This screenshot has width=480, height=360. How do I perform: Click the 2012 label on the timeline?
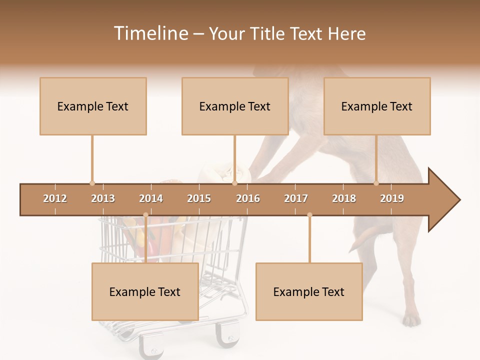click(x=55, y=198)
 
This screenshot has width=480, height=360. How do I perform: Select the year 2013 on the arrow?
click(x=103, y=198)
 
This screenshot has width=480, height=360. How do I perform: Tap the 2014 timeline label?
click(x=151, y=198)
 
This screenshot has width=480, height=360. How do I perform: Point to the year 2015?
click(x=199, y=198)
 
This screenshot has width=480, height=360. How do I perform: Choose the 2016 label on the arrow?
click(x=248, y=198)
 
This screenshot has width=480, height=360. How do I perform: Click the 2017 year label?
click(x=296, y=198)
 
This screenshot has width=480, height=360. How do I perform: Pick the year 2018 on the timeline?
click(x=344, y=198)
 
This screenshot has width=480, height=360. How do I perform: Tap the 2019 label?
click(x=392, y=198)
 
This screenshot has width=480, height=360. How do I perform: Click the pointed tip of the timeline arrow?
click(x=458, y=200)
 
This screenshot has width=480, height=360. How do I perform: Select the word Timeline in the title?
click(x=150, y=33)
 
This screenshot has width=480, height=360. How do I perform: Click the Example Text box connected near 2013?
click(x=93, y=106)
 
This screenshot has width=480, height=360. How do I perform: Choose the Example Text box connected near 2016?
click(x=235, y=106)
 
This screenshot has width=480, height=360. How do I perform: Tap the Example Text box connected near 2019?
click(x=377, y=106)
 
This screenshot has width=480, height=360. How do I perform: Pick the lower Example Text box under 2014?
click(x=145, y=291)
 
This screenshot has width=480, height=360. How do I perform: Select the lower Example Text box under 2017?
click(x=309, y=291)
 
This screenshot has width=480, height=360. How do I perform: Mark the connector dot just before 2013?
click(x=92, y=183)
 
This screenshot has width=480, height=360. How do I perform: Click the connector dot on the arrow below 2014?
click(x=145, y=215)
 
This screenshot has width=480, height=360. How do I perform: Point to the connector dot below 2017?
click(x=309, y=215)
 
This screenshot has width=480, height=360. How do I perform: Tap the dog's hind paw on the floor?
click(x=411, y=319)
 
